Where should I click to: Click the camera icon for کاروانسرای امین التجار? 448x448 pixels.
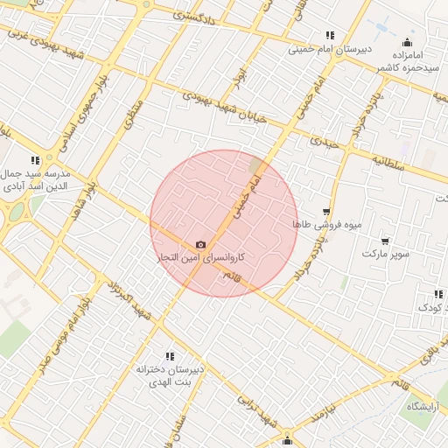201,244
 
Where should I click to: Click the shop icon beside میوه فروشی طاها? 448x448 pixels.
326,212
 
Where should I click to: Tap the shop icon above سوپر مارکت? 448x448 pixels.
385,240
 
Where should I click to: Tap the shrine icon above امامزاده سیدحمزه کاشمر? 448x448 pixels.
407,42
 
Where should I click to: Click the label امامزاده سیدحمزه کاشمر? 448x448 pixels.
406,60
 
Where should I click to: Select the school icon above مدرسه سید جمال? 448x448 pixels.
35,160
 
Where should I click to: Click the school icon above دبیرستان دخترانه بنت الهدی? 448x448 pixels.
170,356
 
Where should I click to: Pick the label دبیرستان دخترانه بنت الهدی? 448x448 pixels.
170,376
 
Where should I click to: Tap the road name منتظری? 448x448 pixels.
134,114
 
